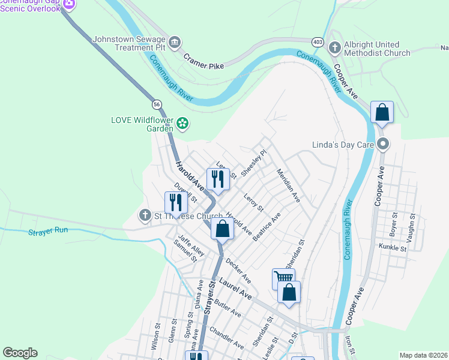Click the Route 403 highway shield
coord(318,41)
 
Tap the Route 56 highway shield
coord(157,104)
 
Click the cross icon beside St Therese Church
coord(145,215)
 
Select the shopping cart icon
coord(283,277)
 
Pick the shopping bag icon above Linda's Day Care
coord(382,112)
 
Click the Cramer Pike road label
coord(203,61)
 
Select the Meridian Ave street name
coord(288,184)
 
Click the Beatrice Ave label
coord(267,227)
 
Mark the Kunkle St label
coord(393,247)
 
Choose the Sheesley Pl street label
coord(253,163)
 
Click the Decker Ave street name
coord(238,271)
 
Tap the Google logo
coord(20,353)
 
